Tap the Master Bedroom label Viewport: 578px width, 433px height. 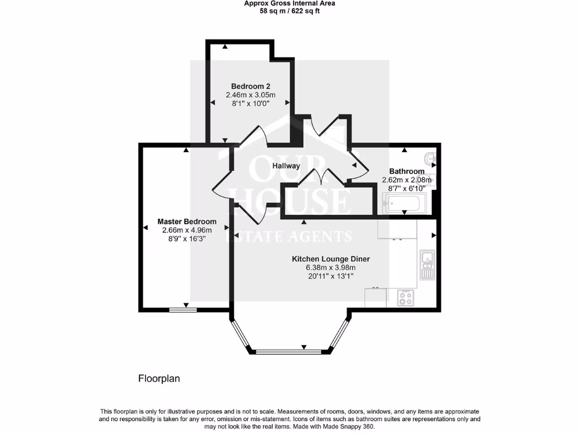(x=186, y=222)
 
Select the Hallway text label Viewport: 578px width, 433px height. (x=286, y=166)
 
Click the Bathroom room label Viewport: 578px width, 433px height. (x=407, y=171)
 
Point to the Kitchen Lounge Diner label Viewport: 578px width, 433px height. (x=331, y=259)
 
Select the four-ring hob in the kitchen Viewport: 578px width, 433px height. (x=405, y=297)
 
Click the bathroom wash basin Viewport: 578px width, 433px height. (x=431, y=160)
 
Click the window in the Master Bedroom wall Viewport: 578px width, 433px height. (x=183, y=310)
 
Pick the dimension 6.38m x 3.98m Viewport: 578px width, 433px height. (x=331, y=268)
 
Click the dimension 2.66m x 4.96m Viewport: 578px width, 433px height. (x=186, y=230)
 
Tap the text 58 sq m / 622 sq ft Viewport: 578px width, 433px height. (x=289, y=11)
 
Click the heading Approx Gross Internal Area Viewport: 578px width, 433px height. (x=289, y=3)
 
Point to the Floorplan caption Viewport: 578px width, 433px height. (x=159, y=379)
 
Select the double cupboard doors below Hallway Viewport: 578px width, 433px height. (x=322, y=176)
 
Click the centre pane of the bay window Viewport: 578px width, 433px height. (x=288, y=352)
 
